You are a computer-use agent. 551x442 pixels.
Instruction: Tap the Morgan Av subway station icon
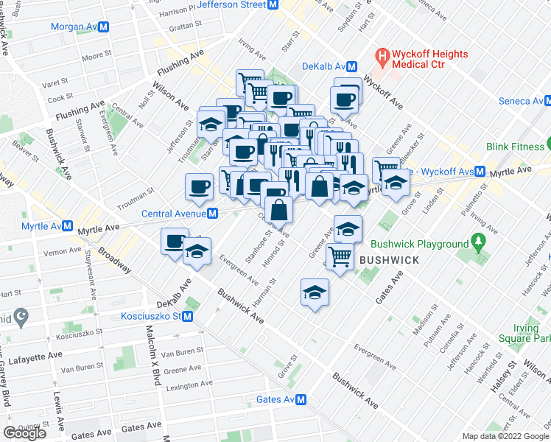click(x=104, y=27)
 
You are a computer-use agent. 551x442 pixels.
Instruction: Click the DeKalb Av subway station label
click(x=323, y=66)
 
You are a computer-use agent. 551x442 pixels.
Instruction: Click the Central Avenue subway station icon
click(x=212, y=214)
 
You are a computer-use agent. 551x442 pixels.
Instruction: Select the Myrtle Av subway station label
click(x=41, y=225)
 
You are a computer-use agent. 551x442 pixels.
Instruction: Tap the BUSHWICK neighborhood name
click(x=390, y=260)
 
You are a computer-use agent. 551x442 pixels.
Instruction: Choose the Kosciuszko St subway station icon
click(x=188, y=317)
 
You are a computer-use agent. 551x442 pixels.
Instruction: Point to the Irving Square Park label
click(x=534, y=333)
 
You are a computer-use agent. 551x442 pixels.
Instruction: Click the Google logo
click(x=24, y=433)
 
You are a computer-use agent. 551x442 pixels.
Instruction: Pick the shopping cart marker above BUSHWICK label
click(x=340, y=256)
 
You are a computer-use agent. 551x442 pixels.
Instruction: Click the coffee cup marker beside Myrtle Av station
click(x=175, y=241)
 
